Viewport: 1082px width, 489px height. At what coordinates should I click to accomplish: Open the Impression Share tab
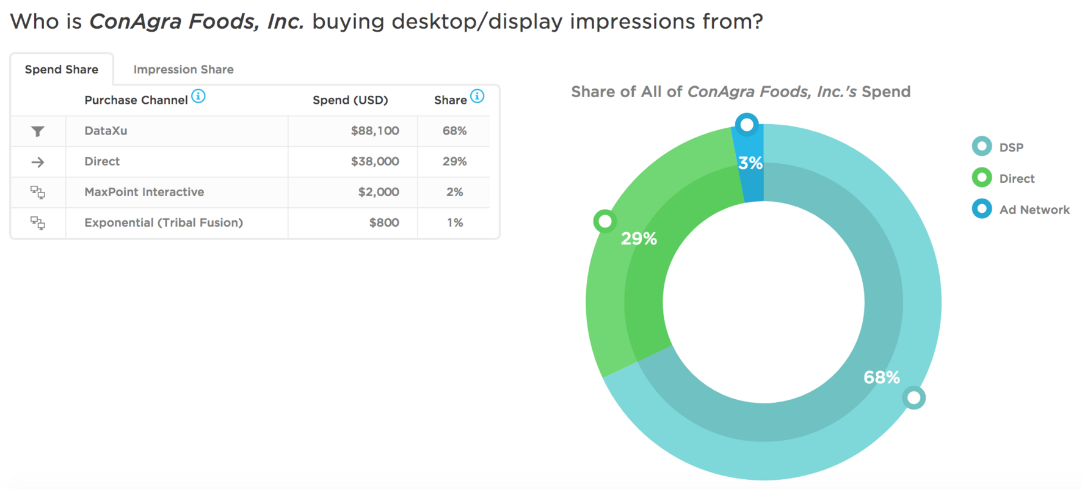[183, 70]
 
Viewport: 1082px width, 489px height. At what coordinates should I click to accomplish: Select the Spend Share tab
[61, 70]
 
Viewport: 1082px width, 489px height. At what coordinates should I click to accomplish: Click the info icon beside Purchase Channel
[198, 97]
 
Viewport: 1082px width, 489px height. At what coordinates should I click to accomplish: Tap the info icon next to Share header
[477, 97]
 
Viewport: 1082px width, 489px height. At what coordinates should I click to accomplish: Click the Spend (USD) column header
[350, 100]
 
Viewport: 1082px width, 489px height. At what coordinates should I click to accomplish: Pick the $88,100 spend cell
[374, 131]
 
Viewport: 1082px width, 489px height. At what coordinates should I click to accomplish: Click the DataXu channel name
[106, 131]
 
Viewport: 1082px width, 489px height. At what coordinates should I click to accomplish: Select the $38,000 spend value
[374, 161]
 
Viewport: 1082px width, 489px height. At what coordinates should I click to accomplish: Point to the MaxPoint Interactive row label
[144, 192]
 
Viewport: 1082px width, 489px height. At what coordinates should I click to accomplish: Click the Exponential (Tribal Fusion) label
[164, 222]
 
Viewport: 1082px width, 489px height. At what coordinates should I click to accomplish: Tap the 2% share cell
[454, 192]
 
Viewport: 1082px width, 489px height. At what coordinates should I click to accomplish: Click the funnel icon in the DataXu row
[38, 131]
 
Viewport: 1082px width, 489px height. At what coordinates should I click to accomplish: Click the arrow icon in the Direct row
[38, 162]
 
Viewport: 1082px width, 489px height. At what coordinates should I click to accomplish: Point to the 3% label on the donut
[750, 163]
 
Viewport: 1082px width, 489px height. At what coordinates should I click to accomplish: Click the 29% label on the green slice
[639, 238]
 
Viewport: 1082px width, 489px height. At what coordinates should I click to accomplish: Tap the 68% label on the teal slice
[881, 377]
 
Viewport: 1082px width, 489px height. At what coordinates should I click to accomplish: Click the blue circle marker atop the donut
[747, 125]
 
